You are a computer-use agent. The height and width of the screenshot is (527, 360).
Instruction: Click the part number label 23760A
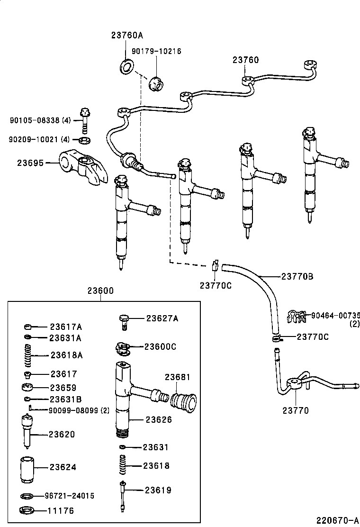tap(127, 35)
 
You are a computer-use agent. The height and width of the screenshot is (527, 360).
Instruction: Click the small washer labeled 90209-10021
tap(85, 140)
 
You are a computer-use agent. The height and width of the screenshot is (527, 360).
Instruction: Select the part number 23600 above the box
tap(100, 291)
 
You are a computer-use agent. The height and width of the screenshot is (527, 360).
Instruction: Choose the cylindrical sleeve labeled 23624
tap(28, 469)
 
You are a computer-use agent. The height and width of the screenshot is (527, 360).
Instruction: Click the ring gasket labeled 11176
tap(28, 511)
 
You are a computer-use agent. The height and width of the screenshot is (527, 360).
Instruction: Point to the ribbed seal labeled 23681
tap(183, 402)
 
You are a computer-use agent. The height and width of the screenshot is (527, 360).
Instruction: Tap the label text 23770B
tap(297, 276)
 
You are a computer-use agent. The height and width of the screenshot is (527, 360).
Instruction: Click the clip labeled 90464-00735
tap(297, 317)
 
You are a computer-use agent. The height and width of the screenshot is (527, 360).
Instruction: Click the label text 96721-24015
tap(70, 496)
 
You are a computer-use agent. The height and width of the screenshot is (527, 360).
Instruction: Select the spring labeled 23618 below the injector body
tap(123, 466)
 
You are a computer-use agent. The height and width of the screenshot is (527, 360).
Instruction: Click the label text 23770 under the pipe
tap(296, 410)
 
